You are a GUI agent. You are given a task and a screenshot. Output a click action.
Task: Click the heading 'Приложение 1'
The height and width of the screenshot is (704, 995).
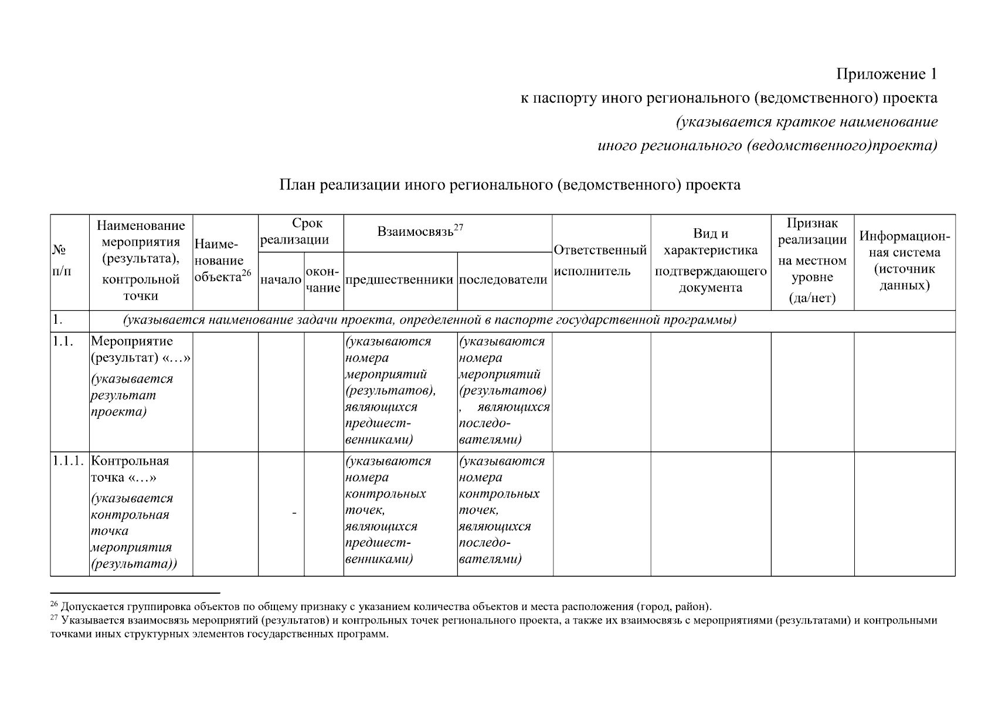(x=886, y=75)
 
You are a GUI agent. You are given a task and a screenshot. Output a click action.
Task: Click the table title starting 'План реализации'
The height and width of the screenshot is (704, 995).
(x=509, y=185)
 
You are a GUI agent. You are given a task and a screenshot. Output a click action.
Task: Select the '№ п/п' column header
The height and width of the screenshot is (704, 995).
(x=59, y=262)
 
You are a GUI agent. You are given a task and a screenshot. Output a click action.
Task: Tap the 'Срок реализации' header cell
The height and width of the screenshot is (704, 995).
(x=301, y=232)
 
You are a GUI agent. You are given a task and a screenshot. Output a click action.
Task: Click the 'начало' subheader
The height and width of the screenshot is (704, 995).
(x=281, y=280)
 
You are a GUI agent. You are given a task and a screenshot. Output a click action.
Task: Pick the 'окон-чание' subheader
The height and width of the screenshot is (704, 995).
(x=323, y=280)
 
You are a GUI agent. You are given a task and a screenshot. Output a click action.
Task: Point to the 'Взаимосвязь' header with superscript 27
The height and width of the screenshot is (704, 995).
(x=420, y=231)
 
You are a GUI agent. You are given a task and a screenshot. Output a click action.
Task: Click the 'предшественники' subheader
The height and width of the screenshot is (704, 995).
(x=400, y=280)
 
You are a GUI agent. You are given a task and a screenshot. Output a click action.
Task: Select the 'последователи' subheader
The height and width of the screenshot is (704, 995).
(x=503, y=280)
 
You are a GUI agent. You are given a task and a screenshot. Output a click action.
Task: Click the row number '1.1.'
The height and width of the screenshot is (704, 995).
(x=63, y=341)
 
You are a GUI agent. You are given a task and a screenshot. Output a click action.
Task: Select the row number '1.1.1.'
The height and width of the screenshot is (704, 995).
(x=69, y=461)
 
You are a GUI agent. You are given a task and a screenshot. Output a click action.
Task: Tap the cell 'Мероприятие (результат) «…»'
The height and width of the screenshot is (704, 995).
(x=141, y=350)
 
